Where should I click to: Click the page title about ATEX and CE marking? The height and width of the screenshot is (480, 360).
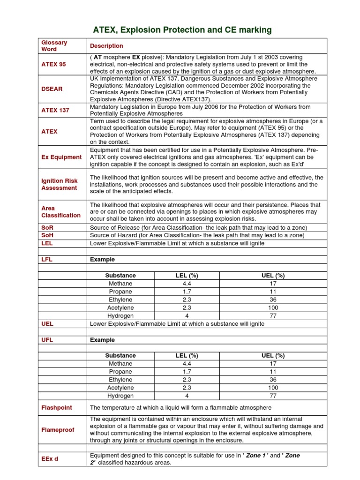182,30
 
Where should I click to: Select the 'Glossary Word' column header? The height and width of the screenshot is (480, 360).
54,46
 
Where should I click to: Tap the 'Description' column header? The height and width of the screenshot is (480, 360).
106,46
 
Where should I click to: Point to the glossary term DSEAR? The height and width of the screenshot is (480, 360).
52,89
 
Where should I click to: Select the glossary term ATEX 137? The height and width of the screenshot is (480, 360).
55,110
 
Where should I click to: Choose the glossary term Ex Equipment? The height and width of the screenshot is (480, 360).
61,157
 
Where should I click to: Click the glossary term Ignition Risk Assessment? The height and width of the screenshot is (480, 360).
60,184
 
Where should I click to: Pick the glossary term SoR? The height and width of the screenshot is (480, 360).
47,227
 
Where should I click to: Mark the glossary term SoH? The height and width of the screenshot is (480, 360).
47,235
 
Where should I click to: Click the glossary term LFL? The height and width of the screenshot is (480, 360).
47,259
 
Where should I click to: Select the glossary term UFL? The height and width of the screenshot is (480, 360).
47,340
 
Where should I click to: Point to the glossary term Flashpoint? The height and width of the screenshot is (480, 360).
57,408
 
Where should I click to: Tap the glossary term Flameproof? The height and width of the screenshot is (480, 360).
58,430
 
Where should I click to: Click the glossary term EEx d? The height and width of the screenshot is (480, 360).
50,459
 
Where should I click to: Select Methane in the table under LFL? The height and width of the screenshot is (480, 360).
120,284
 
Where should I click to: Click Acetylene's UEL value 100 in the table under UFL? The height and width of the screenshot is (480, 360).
273,388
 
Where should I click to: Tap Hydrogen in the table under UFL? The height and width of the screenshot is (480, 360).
120,396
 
